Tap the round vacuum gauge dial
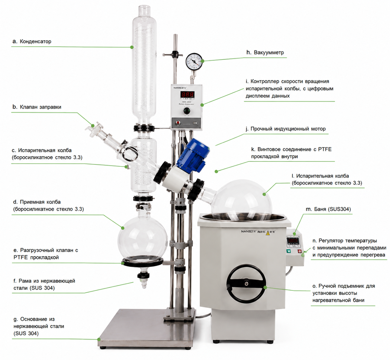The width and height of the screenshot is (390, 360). (194, 61)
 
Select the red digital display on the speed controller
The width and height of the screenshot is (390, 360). (188, 94)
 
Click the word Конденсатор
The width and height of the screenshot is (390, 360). (36, 42)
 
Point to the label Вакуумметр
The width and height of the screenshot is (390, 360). (269, 53)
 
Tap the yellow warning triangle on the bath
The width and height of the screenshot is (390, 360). (268, 233)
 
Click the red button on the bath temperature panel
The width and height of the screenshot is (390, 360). (300, 251)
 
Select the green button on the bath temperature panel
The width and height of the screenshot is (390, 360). (289, 251)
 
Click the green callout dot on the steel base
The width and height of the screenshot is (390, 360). (99, 339)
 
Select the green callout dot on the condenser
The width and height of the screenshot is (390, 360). (132, 47)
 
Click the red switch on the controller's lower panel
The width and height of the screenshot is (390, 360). (178, 123)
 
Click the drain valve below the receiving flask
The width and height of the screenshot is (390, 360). (143, 278)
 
